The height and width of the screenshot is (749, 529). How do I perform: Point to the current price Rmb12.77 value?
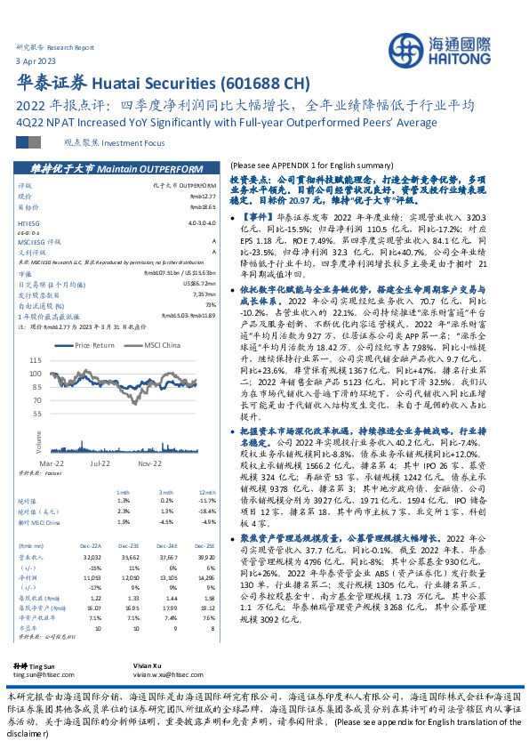tap(202, 196)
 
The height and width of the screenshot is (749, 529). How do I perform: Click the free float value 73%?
tap(210, 305)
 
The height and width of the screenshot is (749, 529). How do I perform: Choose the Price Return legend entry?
tap(92, 345)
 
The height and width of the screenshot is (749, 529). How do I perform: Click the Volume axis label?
tap(39, 439)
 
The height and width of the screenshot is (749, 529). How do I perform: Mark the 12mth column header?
tap(207, 492)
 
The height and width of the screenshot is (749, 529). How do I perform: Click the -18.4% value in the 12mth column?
tap(206, 511)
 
